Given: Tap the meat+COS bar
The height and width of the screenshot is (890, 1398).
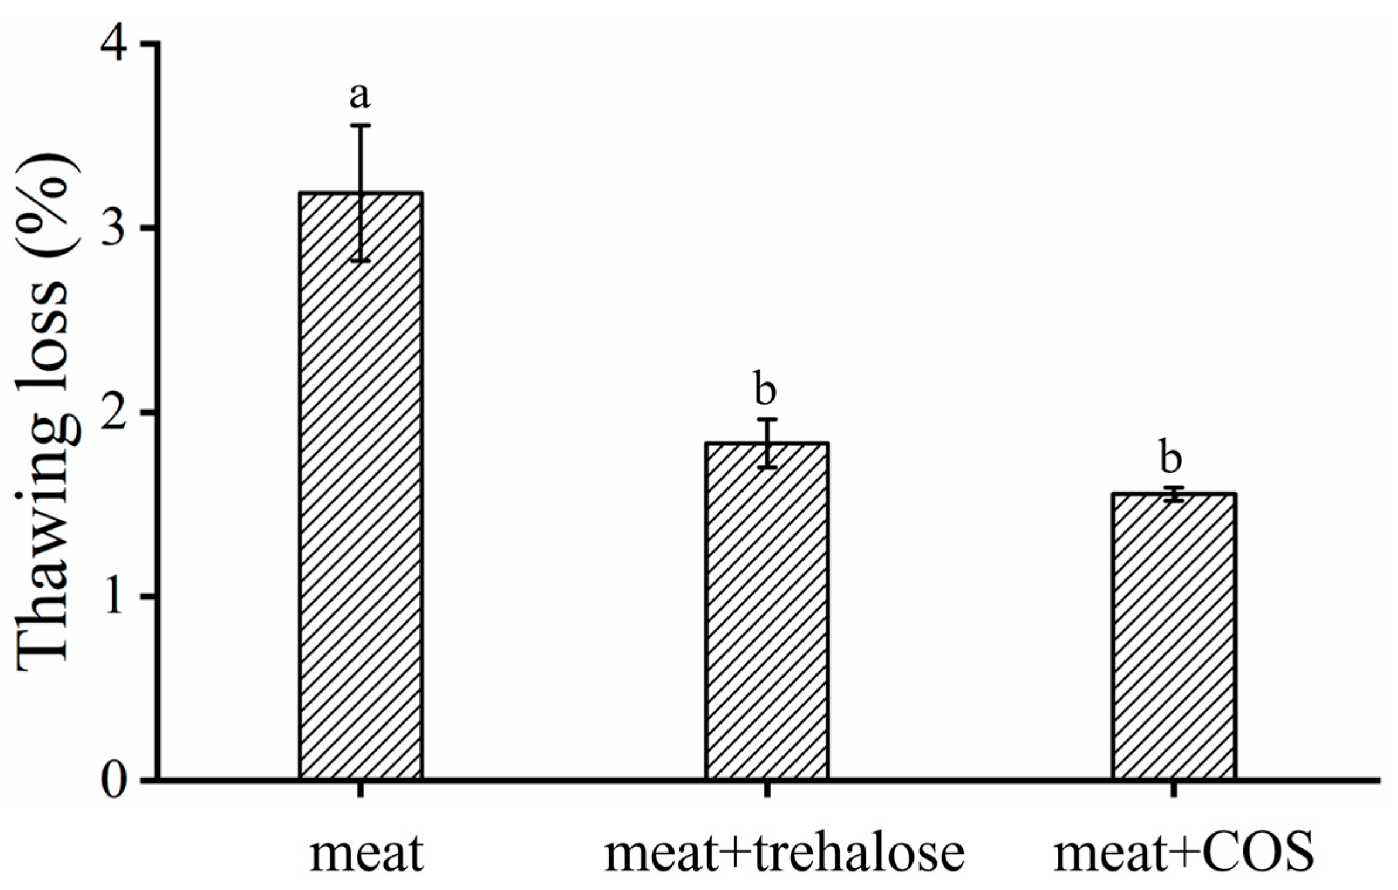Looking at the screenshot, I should click(x=1174, y=645).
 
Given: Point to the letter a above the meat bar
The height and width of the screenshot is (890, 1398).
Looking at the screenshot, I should click(x=360, y=96).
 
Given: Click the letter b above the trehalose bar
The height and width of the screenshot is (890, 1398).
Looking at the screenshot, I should click(x=765, y=388).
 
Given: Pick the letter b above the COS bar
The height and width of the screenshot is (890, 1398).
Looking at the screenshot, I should click(x=1171, y=457).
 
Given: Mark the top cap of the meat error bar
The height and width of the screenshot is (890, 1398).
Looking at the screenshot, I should click(x=361, y=125).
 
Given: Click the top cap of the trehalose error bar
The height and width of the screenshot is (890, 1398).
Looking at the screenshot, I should click(x=767, y=420).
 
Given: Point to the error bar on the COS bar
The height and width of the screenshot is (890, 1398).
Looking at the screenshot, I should click(x=1174, y=494).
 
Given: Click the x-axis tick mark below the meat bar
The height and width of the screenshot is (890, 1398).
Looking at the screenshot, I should click(x=361, y=790).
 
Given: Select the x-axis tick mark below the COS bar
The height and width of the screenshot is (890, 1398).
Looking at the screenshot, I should click(x=1174, y=790).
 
